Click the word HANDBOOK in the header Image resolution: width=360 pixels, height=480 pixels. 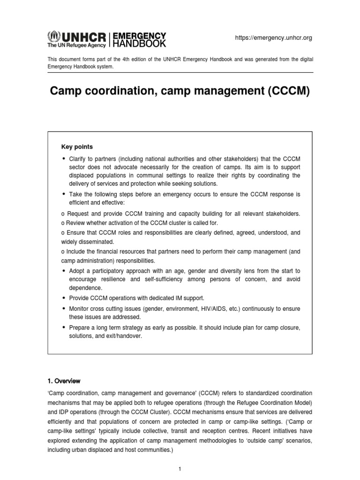click(138, 44)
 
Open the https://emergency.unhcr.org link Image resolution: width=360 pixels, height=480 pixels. click(273, 37)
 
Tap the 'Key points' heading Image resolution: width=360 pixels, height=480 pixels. click(77, 147)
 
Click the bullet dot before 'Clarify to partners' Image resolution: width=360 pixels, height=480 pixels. click(64, 158)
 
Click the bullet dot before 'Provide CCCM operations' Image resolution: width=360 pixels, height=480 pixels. click(64, 298)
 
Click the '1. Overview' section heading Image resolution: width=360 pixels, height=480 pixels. click(64, 381)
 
